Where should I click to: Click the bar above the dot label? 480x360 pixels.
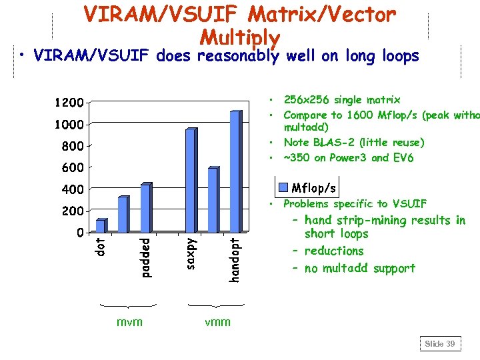(x=100, y=225)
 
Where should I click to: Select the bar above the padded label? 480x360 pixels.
(x=145, y=208)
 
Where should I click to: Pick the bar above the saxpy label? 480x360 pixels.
(x=190, y=180)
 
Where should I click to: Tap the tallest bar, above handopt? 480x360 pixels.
(x=234, y=171)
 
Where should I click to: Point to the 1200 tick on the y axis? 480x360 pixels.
(x=69, y=103)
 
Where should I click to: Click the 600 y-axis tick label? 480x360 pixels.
(x=73, y=167)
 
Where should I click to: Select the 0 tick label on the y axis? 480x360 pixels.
(x=79, y=233)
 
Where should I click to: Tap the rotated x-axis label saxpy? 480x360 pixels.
(x=190, y=253)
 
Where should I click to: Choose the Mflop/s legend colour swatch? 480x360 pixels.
(x=283, y=186)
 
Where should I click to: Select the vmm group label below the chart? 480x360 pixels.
(x=217, y=322)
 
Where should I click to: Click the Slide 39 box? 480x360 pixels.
(x=440, y=344)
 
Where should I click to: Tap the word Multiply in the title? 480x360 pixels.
(x=239, y=37)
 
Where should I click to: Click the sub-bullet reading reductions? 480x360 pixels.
(x=334, y=251)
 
